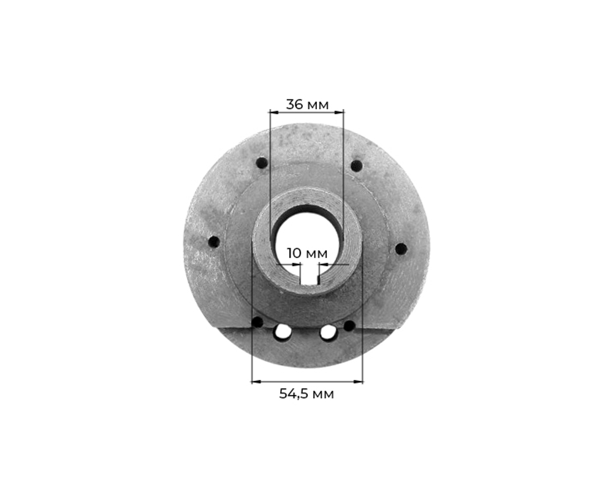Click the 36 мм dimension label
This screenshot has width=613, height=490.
(x=307, y=104)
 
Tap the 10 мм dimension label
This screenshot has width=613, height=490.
(x=307, y=253)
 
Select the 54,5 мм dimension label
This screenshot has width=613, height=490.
(x=306, y=393)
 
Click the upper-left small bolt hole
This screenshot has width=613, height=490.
(x=262, y=163)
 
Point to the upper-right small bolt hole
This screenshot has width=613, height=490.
(x=356, y=166)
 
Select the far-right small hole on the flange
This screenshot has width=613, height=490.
(x=401, y=248)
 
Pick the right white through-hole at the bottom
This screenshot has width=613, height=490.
(x=328, y=332)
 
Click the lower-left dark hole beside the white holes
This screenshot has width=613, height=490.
(x=257, y=323)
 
